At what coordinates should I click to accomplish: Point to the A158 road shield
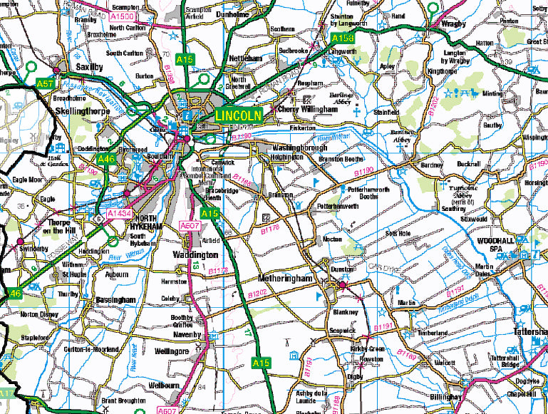click(x=342, y=37)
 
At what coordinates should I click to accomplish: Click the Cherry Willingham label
click(x=306, y=110)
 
